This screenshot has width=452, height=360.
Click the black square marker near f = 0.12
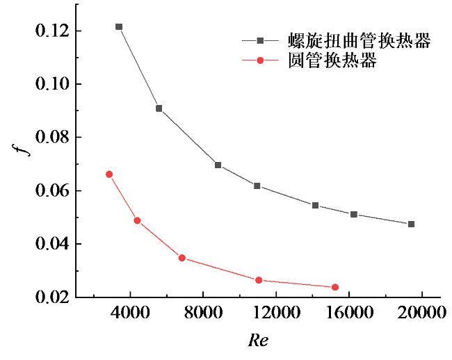(119, 27)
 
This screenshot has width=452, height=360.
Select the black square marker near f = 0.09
(159, 108)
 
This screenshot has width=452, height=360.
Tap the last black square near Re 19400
(412, 224)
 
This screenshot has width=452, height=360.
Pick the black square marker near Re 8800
(218, 165)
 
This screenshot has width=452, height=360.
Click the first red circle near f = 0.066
(109, 174)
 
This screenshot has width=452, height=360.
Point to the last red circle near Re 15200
(335, 287)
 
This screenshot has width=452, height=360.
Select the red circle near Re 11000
(259, 280)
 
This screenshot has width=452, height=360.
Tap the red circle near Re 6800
(182, 258)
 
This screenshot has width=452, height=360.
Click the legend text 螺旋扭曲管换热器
(360, 41)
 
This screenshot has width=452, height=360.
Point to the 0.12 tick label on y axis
(56, 31)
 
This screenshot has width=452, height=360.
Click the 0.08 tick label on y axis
(56, 138)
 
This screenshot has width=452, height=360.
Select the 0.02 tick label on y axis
(56, 297)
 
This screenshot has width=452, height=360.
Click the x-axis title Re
(257, 341)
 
